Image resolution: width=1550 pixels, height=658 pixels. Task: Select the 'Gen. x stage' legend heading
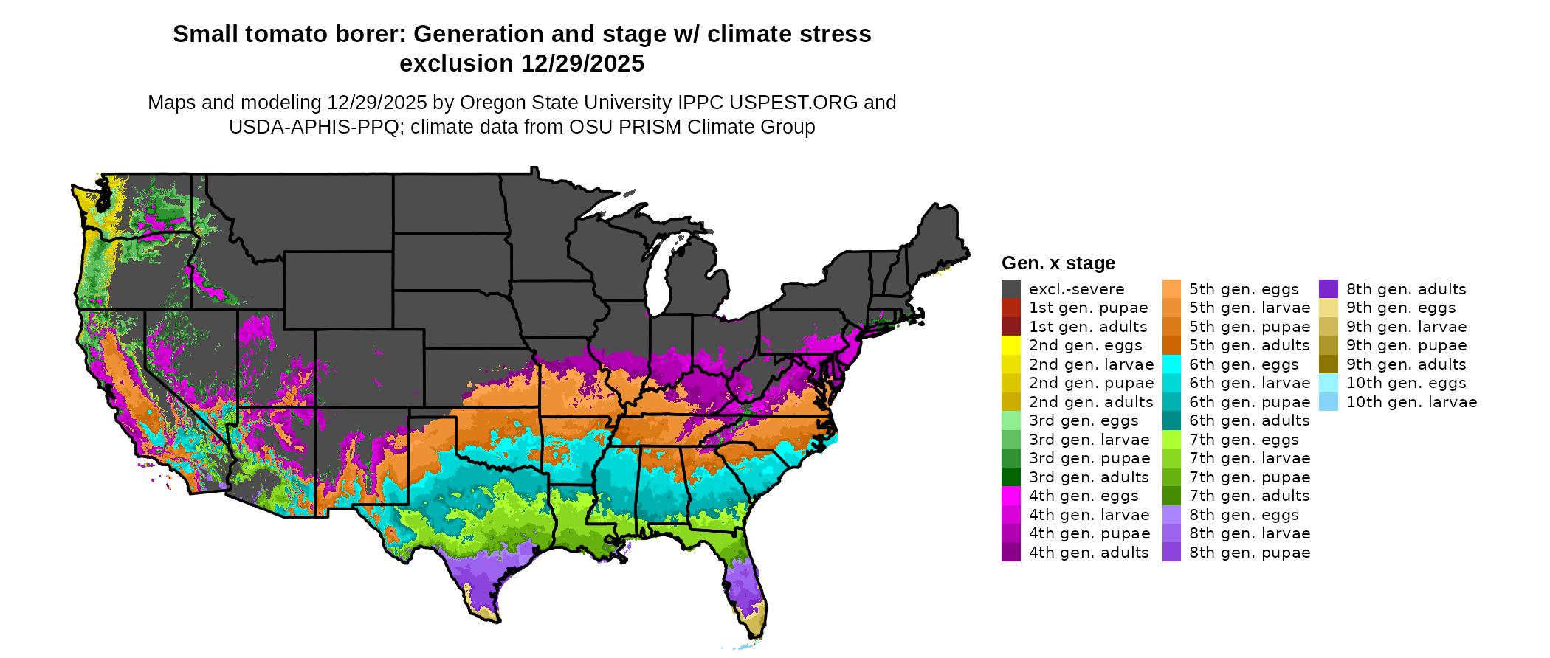(x=1058, y=263)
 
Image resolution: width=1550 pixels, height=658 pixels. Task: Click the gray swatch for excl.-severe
(x=1010, y=289)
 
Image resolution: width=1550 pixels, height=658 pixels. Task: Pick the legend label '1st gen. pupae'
(x=1088, y=308)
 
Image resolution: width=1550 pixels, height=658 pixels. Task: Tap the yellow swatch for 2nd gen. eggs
(x=1010, y=345)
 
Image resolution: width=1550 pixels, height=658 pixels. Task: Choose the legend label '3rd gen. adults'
(x=1089, y=477)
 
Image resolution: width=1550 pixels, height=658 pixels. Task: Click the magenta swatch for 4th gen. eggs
(x=1010, y=496)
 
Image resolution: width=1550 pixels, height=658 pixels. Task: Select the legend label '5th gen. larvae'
(x=1249, y=308)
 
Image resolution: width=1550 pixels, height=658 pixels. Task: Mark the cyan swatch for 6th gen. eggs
(x=1171, y=364)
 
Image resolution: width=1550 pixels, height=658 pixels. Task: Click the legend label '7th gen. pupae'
(x=1249, y=477)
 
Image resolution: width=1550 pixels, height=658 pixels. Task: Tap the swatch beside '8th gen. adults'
(x=1328, y=289)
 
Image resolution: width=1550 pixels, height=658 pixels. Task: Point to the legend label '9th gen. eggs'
(x=1401, y=308)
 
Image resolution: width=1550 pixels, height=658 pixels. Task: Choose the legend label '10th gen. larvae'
(x=1411, y=402)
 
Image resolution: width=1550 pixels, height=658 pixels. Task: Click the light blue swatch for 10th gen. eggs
(x=1328, y=383)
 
